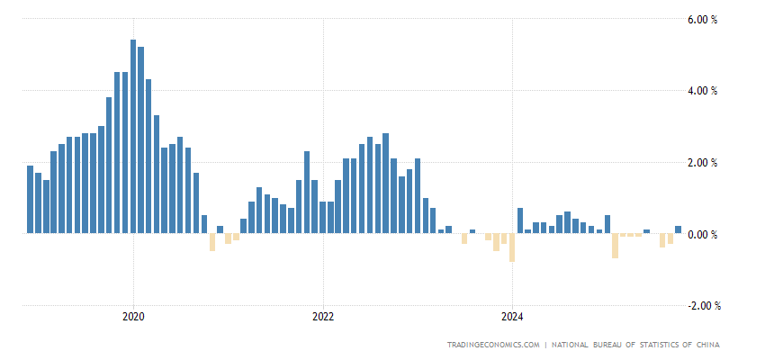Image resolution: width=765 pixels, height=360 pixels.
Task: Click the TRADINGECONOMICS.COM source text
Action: pos(493,345)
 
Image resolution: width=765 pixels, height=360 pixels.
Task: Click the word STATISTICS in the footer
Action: pos(645,345)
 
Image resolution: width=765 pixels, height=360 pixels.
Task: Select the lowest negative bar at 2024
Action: pos(512,247)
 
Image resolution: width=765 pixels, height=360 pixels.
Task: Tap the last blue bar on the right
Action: pos(678,229)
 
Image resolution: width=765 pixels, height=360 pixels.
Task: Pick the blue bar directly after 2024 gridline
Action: pos(520,220)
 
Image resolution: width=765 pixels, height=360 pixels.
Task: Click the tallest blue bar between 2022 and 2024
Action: pos(385,184)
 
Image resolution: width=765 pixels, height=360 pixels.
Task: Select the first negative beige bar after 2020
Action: pos(212,242)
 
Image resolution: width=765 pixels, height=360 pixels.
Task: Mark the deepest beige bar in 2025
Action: pos(615,246)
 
